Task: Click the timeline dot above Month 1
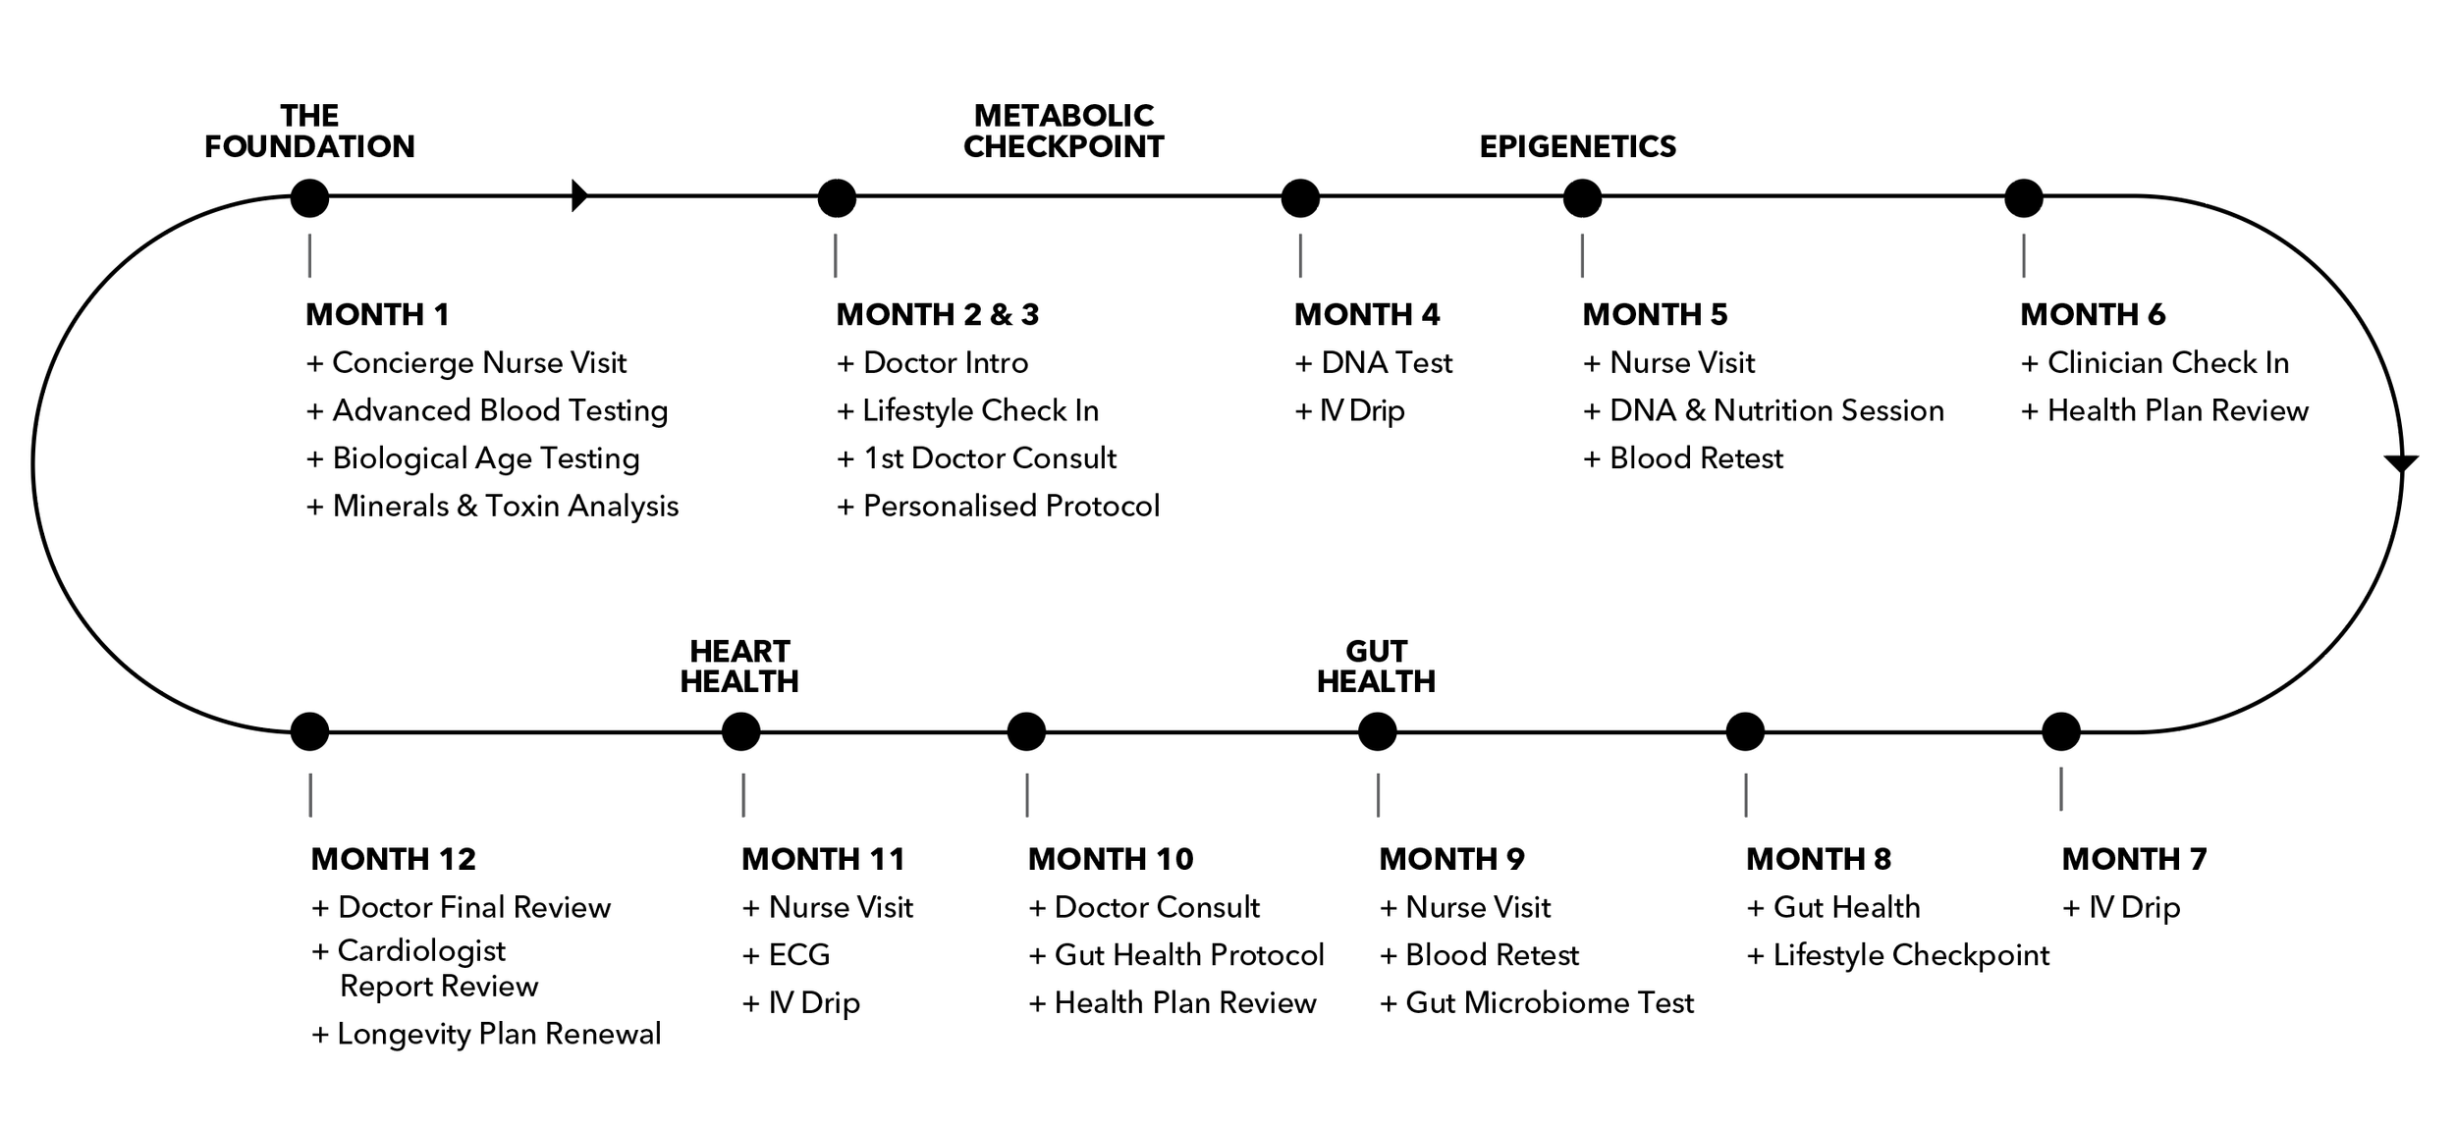pyautogui.click(x=309, y=198)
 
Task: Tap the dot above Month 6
pyautogui.click(x=2023, y=198)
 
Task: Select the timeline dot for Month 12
pyautogui.click(x=309, y=731)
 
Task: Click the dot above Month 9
pyautogui.click(x=1377, y=731)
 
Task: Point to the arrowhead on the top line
pyautogui.click(x=579, y=196)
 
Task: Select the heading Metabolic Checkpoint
pyautogui.click(x=1064, y=132)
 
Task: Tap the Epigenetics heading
pyautogui.click(x=1578, y=146)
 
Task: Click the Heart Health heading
pyautogui.click(x=739, y=667)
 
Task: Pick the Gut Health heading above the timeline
pyautogui.click(x=1376, y=667)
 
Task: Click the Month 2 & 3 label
pyautogui.click(x=937, y=314)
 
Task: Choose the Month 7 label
pyautogui.click(x=2134, y=859)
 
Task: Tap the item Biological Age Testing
pyautogui.click(x=473, y=458)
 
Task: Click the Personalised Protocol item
pyautogui.click(x=999, y=507)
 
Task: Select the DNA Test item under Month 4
pyautogui.click(x=1373, y=363)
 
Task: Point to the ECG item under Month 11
pyautogui.click(x=787, y=955)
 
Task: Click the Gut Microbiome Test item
pyautogui.click(x=1537, y=1003)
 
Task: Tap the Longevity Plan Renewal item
pyautogui.click(x=486, y=1035)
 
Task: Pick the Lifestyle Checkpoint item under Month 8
pyautogui.click(x=1897, y=955)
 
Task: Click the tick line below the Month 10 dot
pyautogui.click(x=1026, y=795)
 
